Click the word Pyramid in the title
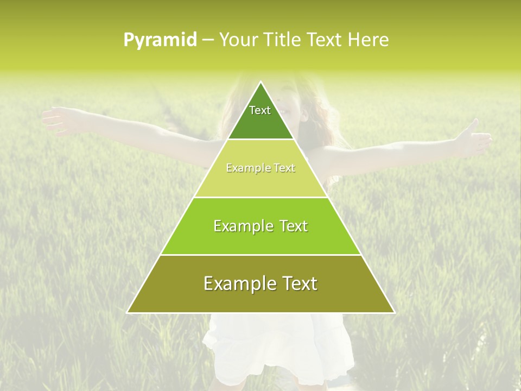click(160, 40)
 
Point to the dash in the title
click(207, 40)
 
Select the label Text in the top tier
click(260, 110)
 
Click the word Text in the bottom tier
click(298, 283)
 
